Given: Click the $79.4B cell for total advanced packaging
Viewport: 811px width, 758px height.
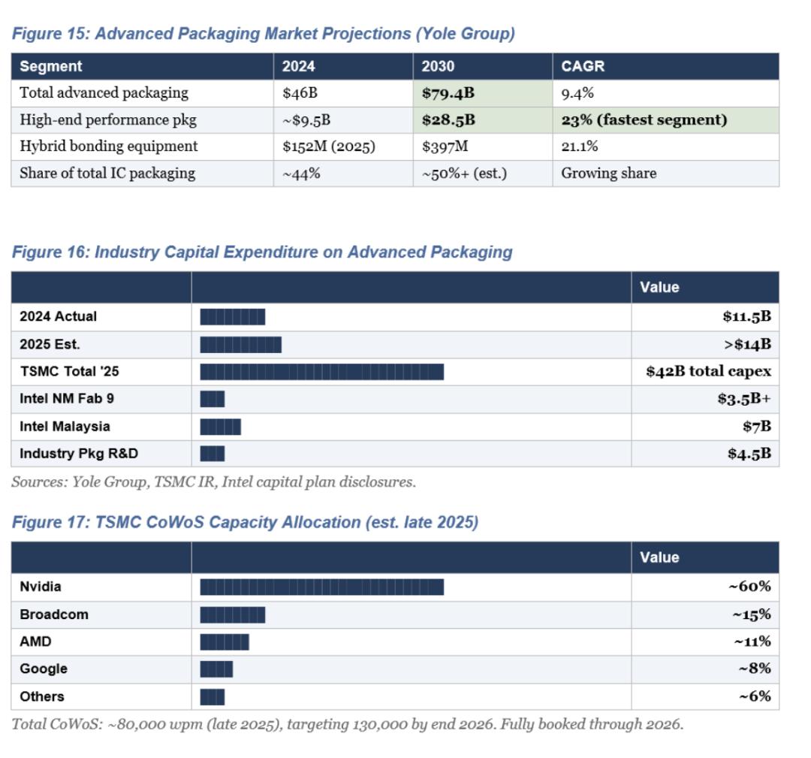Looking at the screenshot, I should tap(448, 94).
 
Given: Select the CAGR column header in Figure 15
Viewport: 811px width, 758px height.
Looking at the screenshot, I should tap(583, 66).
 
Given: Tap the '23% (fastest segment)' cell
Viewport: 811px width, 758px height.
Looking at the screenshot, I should tap(644, 120).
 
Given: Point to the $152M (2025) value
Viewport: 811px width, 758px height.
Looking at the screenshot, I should tap(328, 146).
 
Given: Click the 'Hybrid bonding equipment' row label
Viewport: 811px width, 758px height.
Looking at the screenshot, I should tap(109, 146).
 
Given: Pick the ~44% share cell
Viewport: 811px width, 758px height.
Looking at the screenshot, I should tap(301, 174).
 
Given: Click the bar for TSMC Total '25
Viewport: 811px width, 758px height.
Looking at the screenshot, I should tap(321, 372).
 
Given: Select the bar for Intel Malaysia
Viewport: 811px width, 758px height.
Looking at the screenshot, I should tap(220, 427).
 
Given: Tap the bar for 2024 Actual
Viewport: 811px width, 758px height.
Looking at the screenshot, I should tap(232, 317).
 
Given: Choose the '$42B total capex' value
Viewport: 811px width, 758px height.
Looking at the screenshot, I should tap(708, 372).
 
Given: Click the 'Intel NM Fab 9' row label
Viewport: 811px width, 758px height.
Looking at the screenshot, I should tap(67, 399).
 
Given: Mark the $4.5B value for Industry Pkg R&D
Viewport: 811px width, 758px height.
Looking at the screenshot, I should tap(749, 454).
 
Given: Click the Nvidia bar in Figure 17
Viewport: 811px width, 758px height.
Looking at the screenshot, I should tap(321, 587).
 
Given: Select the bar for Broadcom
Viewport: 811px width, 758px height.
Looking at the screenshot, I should tap(232, 615).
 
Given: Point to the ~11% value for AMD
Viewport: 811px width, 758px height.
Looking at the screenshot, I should tap(752, 642).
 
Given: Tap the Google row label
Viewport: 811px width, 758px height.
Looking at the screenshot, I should tap(44, 669).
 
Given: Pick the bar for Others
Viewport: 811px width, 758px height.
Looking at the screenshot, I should tap(212, 696).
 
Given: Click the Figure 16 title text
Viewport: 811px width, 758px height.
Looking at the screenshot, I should tap(261, 252).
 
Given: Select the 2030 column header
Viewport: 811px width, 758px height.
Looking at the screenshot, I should tap(438, 66).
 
